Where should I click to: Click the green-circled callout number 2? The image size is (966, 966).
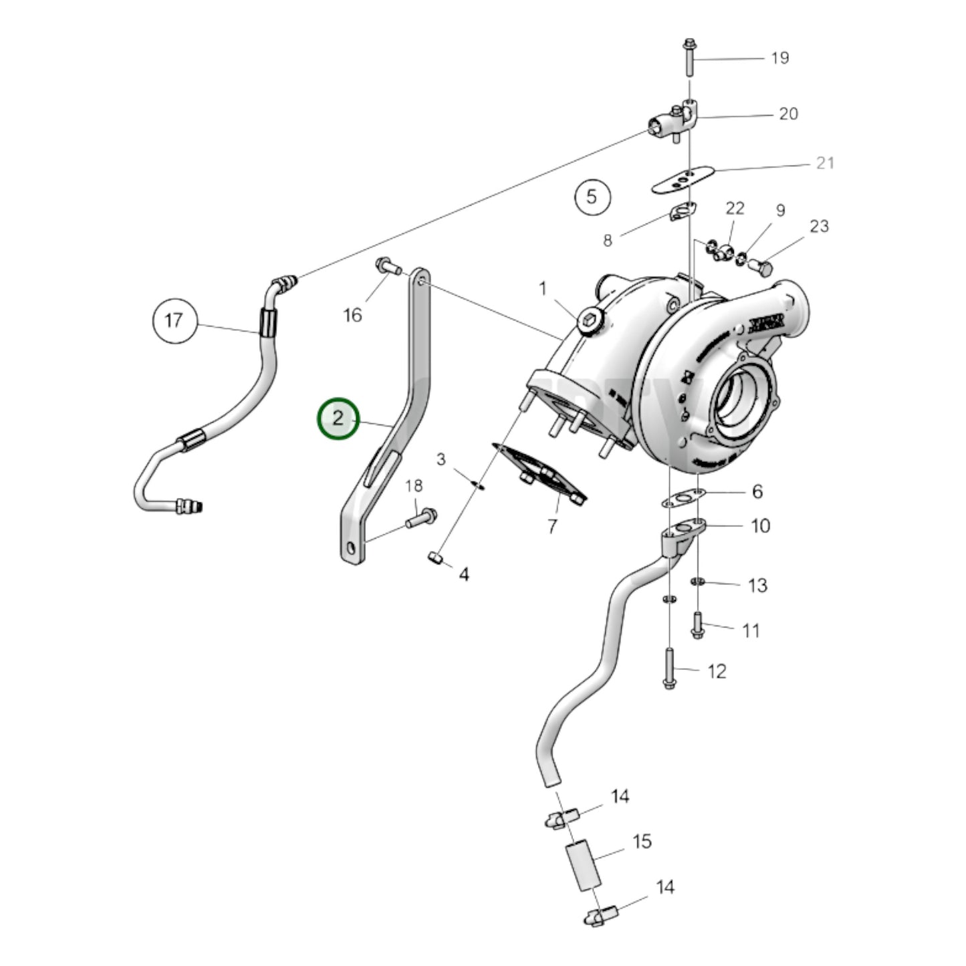338,419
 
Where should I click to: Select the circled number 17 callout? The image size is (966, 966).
174,321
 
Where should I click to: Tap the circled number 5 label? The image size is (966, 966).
592,197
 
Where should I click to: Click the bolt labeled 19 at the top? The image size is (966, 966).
689,57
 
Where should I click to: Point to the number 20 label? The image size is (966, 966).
788,114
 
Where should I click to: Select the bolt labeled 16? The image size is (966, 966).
387,266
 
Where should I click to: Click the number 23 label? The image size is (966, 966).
819,226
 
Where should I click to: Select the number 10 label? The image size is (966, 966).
761,526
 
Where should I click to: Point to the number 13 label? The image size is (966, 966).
757,586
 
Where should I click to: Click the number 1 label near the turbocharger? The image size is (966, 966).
543,289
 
